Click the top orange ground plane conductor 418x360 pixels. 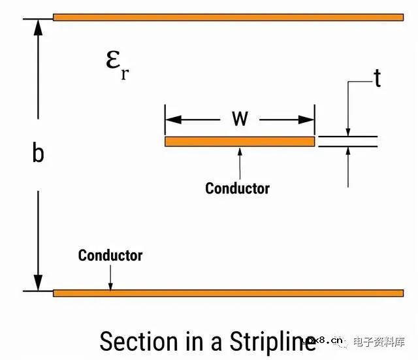click(x=228, y=17)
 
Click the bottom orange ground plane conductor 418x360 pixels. click(x=228, y=293)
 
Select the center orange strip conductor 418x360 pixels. click(x=239, y=141)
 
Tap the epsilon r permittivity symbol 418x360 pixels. click(x=116, y=63)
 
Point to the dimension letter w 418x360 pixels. click(x=240, y=119)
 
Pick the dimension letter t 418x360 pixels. click(x=377, y=78)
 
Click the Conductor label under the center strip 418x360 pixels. click(x=237, y=188)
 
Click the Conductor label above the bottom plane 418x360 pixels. click(x=110, y=255)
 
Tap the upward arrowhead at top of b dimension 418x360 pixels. click(x=39, y=26)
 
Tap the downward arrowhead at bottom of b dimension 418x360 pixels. click(x=39, y=283)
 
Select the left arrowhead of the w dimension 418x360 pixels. click(x=172, y=120)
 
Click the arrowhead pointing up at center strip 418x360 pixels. click(x=240, y=151)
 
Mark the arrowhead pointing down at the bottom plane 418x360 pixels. click(x=110, y=286)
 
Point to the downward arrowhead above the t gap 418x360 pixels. click(x=348, y=131)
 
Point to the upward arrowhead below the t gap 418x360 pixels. click(x=348, y=152)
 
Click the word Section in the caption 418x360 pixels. click(x=138, y=342)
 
